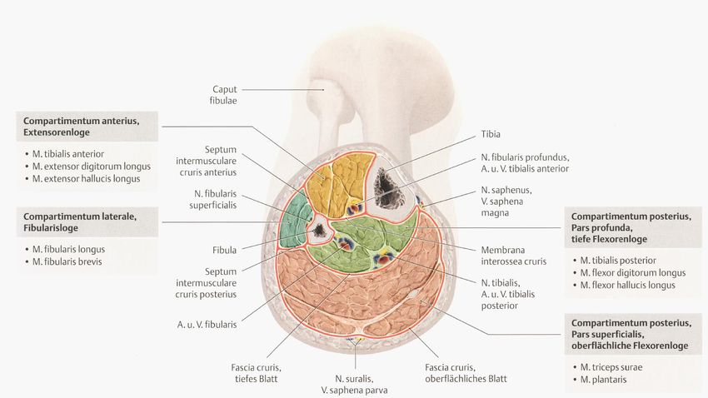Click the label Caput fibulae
coord(225,94)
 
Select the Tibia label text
coord(491,133)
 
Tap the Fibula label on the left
coord(224,249)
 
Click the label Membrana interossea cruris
coord(513,255)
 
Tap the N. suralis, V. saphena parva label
coord(353,383)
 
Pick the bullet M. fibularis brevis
coord(74,261)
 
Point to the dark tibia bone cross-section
coord(389,188)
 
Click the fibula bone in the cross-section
coord(319,228)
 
